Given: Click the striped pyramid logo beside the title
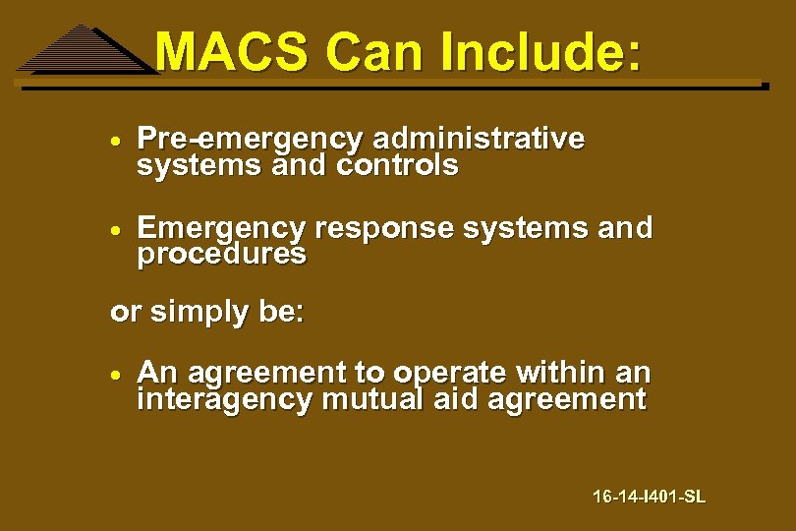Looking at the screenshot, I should click(84, 51).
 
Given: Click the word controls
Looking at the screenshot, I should click(397, 166).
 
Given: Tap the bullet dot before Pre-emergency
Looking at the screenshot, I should click(116, 141).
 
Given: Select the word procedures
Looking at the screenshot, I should click(221, 255).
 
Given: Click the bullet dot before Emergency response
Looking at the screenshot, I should click(116, 229).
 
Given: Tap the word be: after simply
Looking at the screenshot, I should click(281, 313).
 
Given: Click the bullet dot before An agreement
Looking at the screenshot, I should click(116, 375).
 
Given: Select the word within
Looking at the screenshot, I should click(559, 374).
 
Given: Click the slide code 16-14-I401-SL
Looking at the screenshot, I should click(649, 497).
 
